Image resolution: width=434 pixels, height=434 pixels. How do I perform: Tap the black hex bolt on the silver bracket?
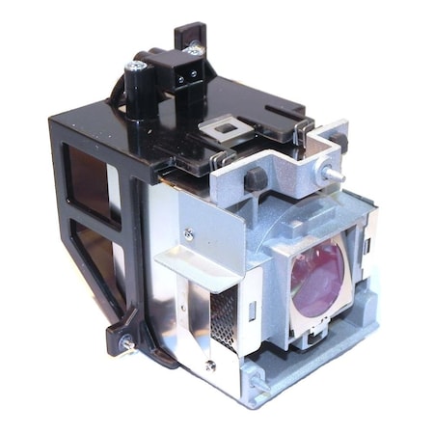pyautogui.click(x=256, y=178)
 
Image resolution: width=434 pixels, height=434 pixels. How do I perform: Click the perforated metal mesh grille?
pyautogui.click(x=223, y=309)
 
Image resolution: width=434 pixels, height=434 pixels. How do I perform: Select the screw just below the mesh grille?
pyautogui.click(x=209, y=364)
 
